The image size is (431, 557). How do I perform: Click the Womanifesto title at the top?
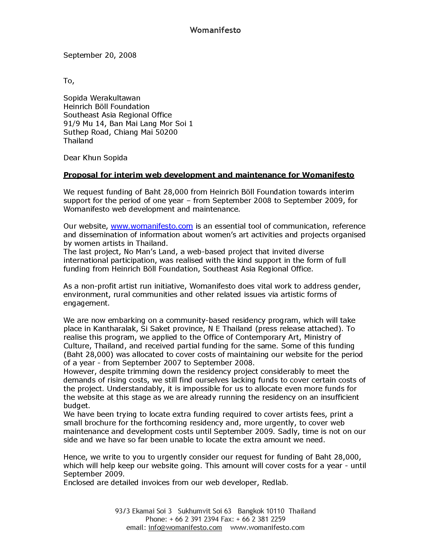point(215,30)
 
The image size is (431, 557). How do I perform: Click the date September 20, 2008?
point(100,55)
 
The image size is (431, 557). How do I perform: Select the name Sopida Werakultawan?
point(102,98)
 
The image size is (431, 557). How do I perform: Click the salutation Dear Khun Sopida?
point(95,158)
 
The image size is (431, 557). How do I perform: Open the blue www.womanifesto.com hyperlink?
point(152,226)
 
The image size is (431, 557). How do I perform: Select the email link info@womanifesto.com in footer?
point(185,527)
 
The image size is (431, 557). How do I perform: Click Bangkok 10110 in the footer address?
point(261,511)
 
